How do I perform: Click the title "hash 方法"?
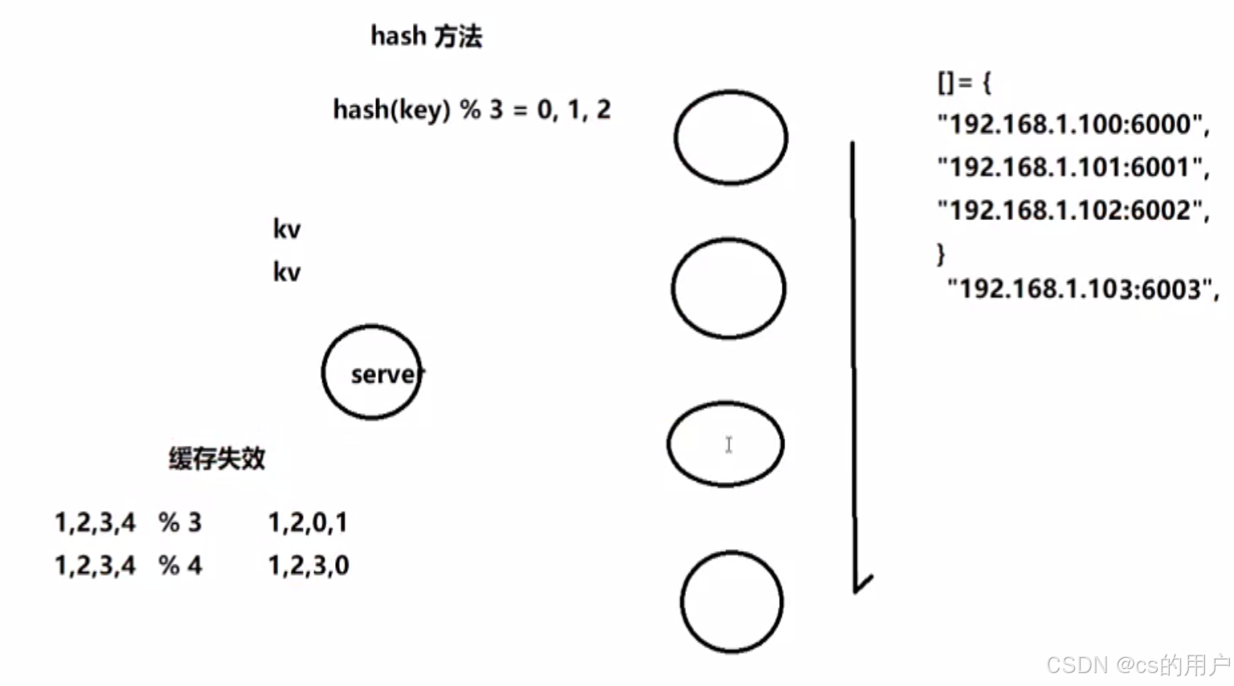(x=426, y=36)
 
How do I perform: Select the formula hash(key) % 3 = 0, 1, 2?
(x=472, y=109)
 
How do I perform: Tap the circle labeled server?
(x=372, y=373)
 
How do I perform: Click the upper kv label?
(x=287, y=229)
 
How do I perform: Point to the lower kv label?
(x=287, y=272)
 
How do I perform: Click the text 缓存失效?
(x=217, y=459)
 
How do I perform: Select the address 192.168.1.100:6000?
(x=1073, y=125)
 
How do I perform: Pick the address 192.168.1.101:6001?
(x=1073, y=167)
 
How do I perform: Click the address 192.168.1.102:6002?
(x=1073, y=210)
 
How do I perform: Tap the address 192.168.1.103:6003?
(x=1082, y=289)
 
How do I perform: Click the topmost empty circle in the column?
(x=731, y=138)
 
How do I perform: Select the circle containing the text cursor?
(x=725, y=444)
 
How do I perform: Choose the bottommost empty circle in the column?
(x=732, y=602)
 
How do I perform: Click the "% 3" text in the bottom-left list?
(x=180, y=523)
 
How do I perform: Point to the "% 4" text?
(x=180, y=566)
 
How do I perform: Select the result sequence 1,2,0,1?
(x=308, y=523)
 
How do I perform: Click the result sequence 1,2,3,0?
(x=308, y=566)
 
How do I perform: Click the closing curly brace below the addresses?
(x=942, y=254)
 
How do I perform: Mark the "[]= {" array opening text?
(x=964, y=82)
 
